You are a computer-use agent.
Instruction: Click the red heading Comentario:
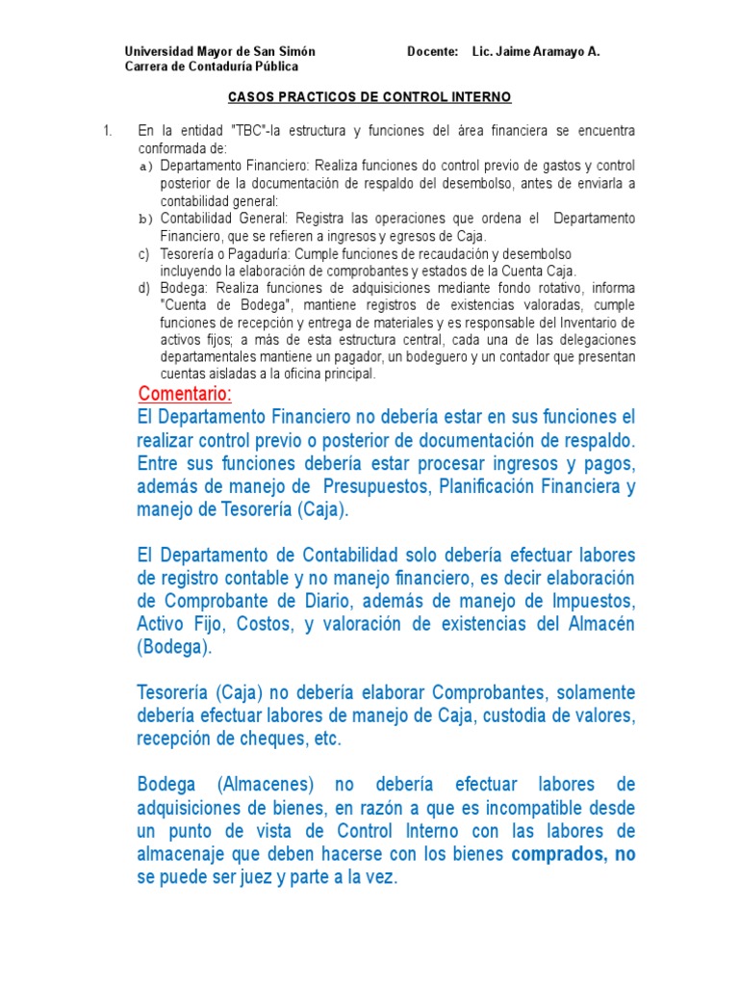tap(185, 395)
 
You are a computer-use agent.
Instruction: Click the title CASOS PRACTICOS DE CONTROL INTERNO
tap(369, 98)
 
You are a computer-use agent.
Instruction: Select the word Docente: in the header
tap(432, 51)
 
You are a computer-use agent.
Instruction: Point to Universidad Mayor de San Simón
tap(220, 51)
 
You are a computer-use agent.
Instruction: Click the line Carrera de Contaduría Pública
tap(212, 66)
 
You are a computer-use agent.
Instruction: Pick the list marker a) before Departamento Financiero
tap(146, 167)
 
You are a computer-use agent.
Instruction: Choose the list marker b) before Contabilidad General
tap(146, 220)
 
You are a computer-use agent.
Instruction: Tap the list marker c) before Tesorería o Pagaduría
tap(144, 254)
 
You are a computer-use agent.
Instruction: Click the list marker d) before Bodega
tap(144, 288)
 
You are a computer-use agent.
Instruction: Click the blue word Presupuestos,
tap(374, 486)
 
